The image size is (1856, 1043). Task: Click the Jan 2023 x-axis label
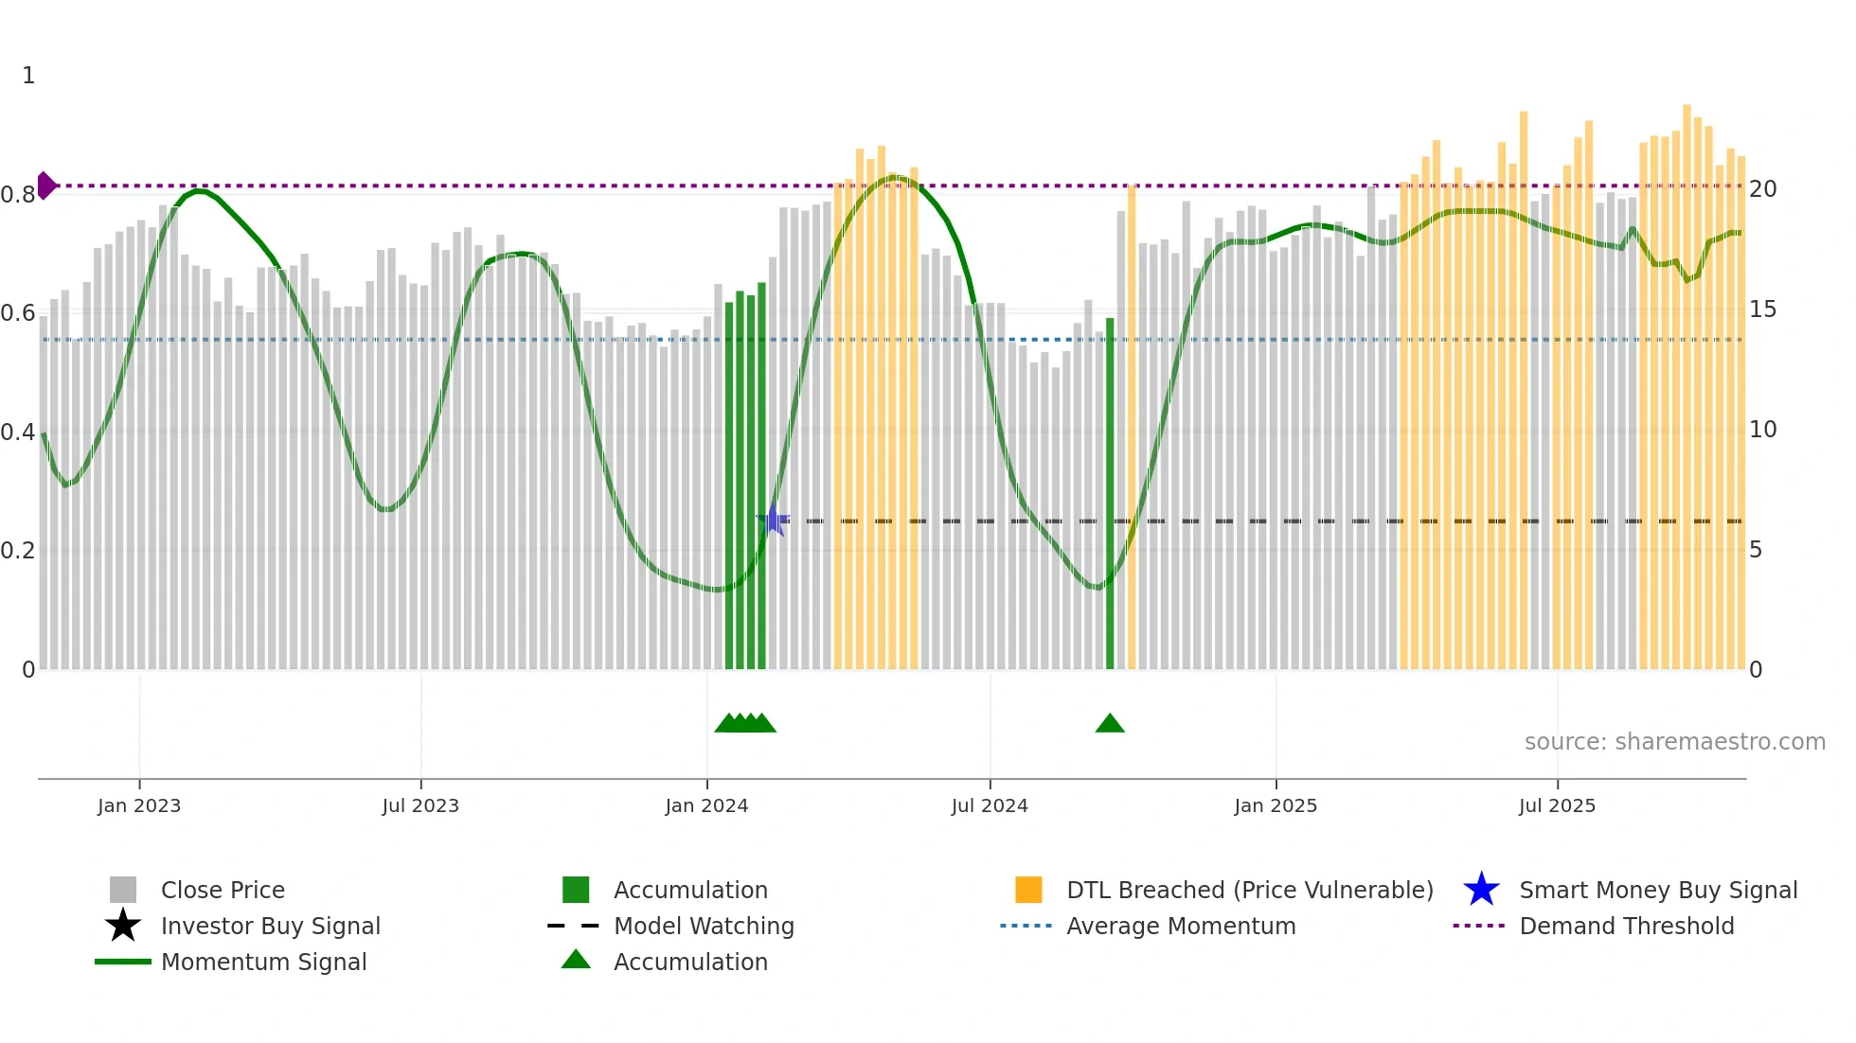point(139,805)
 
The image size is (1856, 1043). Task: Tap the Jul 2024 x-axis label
point(990,805)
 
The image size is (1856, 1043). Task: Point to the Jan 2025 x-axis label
point(1276,805)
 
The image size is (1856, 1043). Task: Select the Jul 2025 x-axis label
point(1557,805)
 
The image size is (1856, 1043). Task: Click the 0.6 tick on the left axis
point(18,313)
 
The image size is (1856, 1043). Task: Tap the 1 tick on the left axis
point(28,76)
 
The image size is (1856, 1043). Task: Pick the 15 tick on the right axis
point(1762,309)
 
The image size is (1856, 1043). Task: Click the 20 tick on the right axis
point(1762,189)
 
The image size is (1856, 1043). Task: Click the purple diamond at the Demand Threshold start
point(45,186)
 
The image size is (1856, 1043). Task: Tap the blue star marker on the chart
point(773,520)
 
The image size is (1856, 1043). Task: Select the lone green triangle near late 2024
point(1110,724)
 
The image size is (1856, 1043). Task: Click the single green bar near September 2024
point(1110,492)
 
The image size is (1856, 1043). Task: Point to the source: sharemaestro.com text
point(1674,742)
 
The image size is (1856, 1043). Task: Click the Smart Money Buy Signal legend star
point(1481,890)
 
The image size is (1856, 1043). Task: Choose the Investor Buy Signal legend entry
point(270,926)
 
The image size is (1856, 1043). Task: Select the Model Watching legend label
point(704,926)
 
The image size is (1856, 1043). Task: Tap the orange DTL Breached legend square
point(1028,890)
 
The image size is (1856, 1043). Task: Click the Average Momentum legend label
point(1181,926)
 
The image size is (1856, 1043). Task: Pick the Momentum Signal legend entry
point(263,962)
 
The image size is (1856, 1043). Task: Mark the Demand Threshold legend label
point(1626,926)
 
